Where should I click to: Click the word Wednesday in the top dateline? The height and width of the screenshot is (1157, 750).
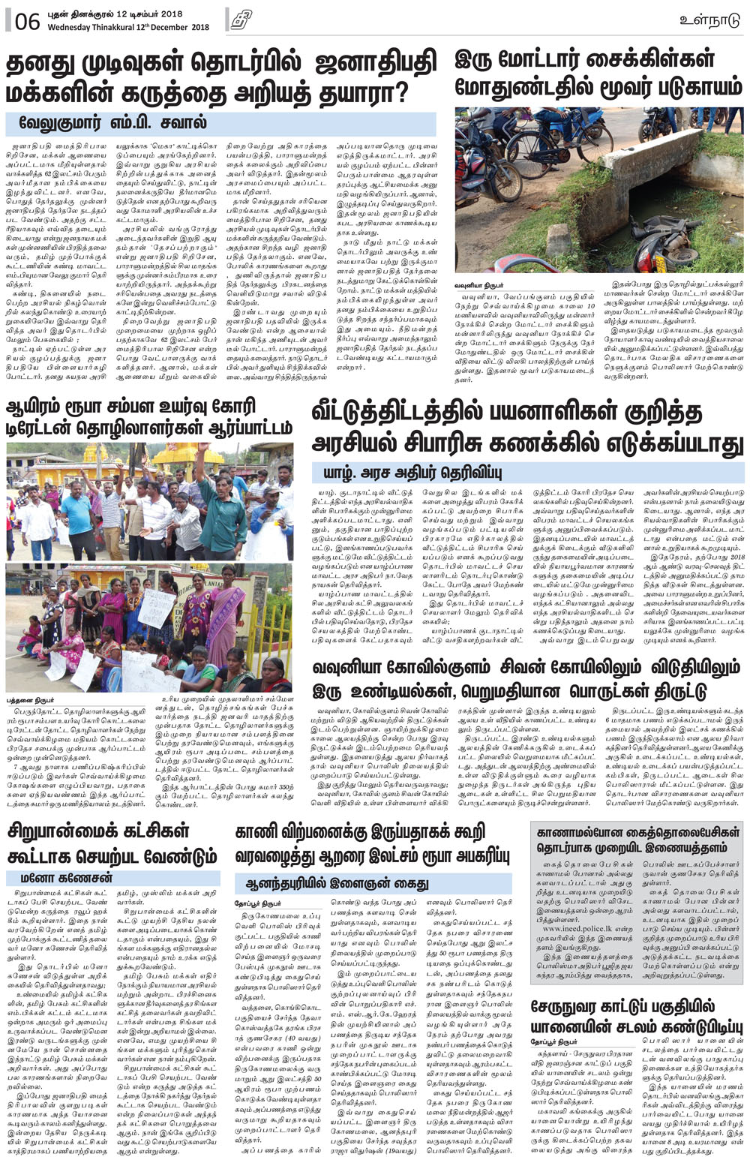[73, 28]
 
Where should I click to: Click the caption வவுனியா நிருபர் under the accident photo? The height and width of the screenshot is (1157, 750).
[480, 286]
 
